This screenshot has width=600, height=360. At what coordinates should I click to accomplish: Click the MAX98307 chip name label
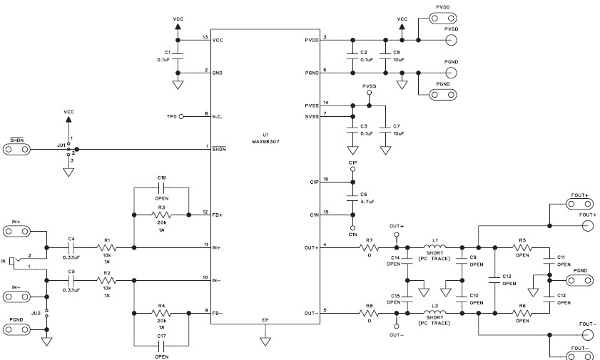[x=265, y=141]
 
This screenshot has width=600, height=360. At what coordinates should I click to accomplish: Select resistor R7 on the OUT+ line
[x=370, y=248]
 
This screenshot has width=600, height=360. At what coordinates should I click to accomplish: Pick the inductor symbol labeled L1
[x=436, y=248]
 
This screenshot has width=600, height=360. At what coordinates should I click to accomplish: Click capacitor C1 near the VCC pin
[x=178, y=55]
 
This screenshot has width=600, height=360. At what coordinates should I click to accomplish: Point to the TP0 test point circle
[x=181, y=115]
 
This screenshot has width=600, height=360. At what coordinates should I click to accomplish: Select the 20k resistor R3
[x=162, y=214]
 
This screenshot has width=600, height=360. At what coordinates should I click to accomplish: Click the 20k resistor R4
[x=162, y=313]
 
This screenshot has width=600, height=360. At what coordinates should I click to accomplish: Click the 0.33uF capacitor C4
[x=71, y=248]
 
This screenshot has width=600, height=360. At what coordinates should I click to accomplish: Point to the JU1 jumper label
[x=61, y=144]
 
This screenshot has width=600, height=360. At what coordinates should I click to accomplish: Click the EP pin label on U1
[x=265, y=320]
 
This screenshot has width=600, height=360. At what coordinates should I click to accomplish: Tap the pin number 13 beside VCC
[x=205, y=36]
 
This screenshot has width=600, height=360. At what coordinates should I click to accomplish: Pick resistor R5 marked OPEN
[x=522, y=248]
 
